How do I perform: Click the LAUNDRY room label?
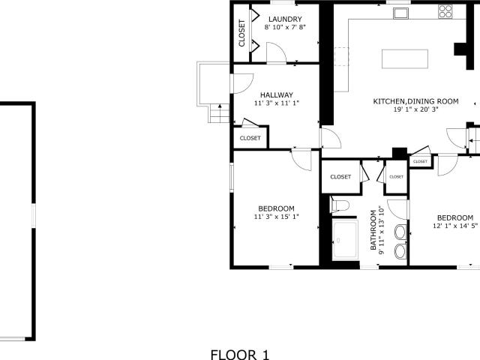coord(285,19)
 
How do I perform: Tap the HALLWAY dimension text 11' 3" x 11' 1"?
coord(277,103)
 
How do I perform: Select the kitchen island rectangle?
coord(405,58)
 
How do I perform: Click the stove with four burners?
coord(445,11)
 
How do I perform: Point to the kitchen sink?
coord(401,13)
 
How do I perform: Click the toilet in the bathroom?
coord(339,205)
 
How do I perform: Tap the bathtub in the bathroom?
coord(345,240)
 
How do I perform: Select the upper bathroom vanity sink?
coord(400,232)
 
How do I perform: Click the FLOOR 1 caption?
coord(240,355)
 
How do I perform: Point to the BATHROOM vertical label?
coord(373,230)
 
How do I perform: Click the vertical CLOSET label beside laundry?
coord(241,33)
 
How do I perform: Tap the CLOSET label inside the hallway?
coord(250,138)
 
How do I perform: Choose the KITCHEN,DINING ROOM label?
coord(415,101)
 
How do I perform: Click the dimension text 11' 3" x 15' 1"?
coord(277,217)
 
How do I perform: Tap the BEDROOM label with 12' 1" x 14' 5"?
coord(455,218)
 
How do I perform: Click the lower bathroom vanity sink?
coord(400,252)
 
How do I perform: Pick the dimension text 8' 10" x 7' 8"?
coord(285,27)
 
